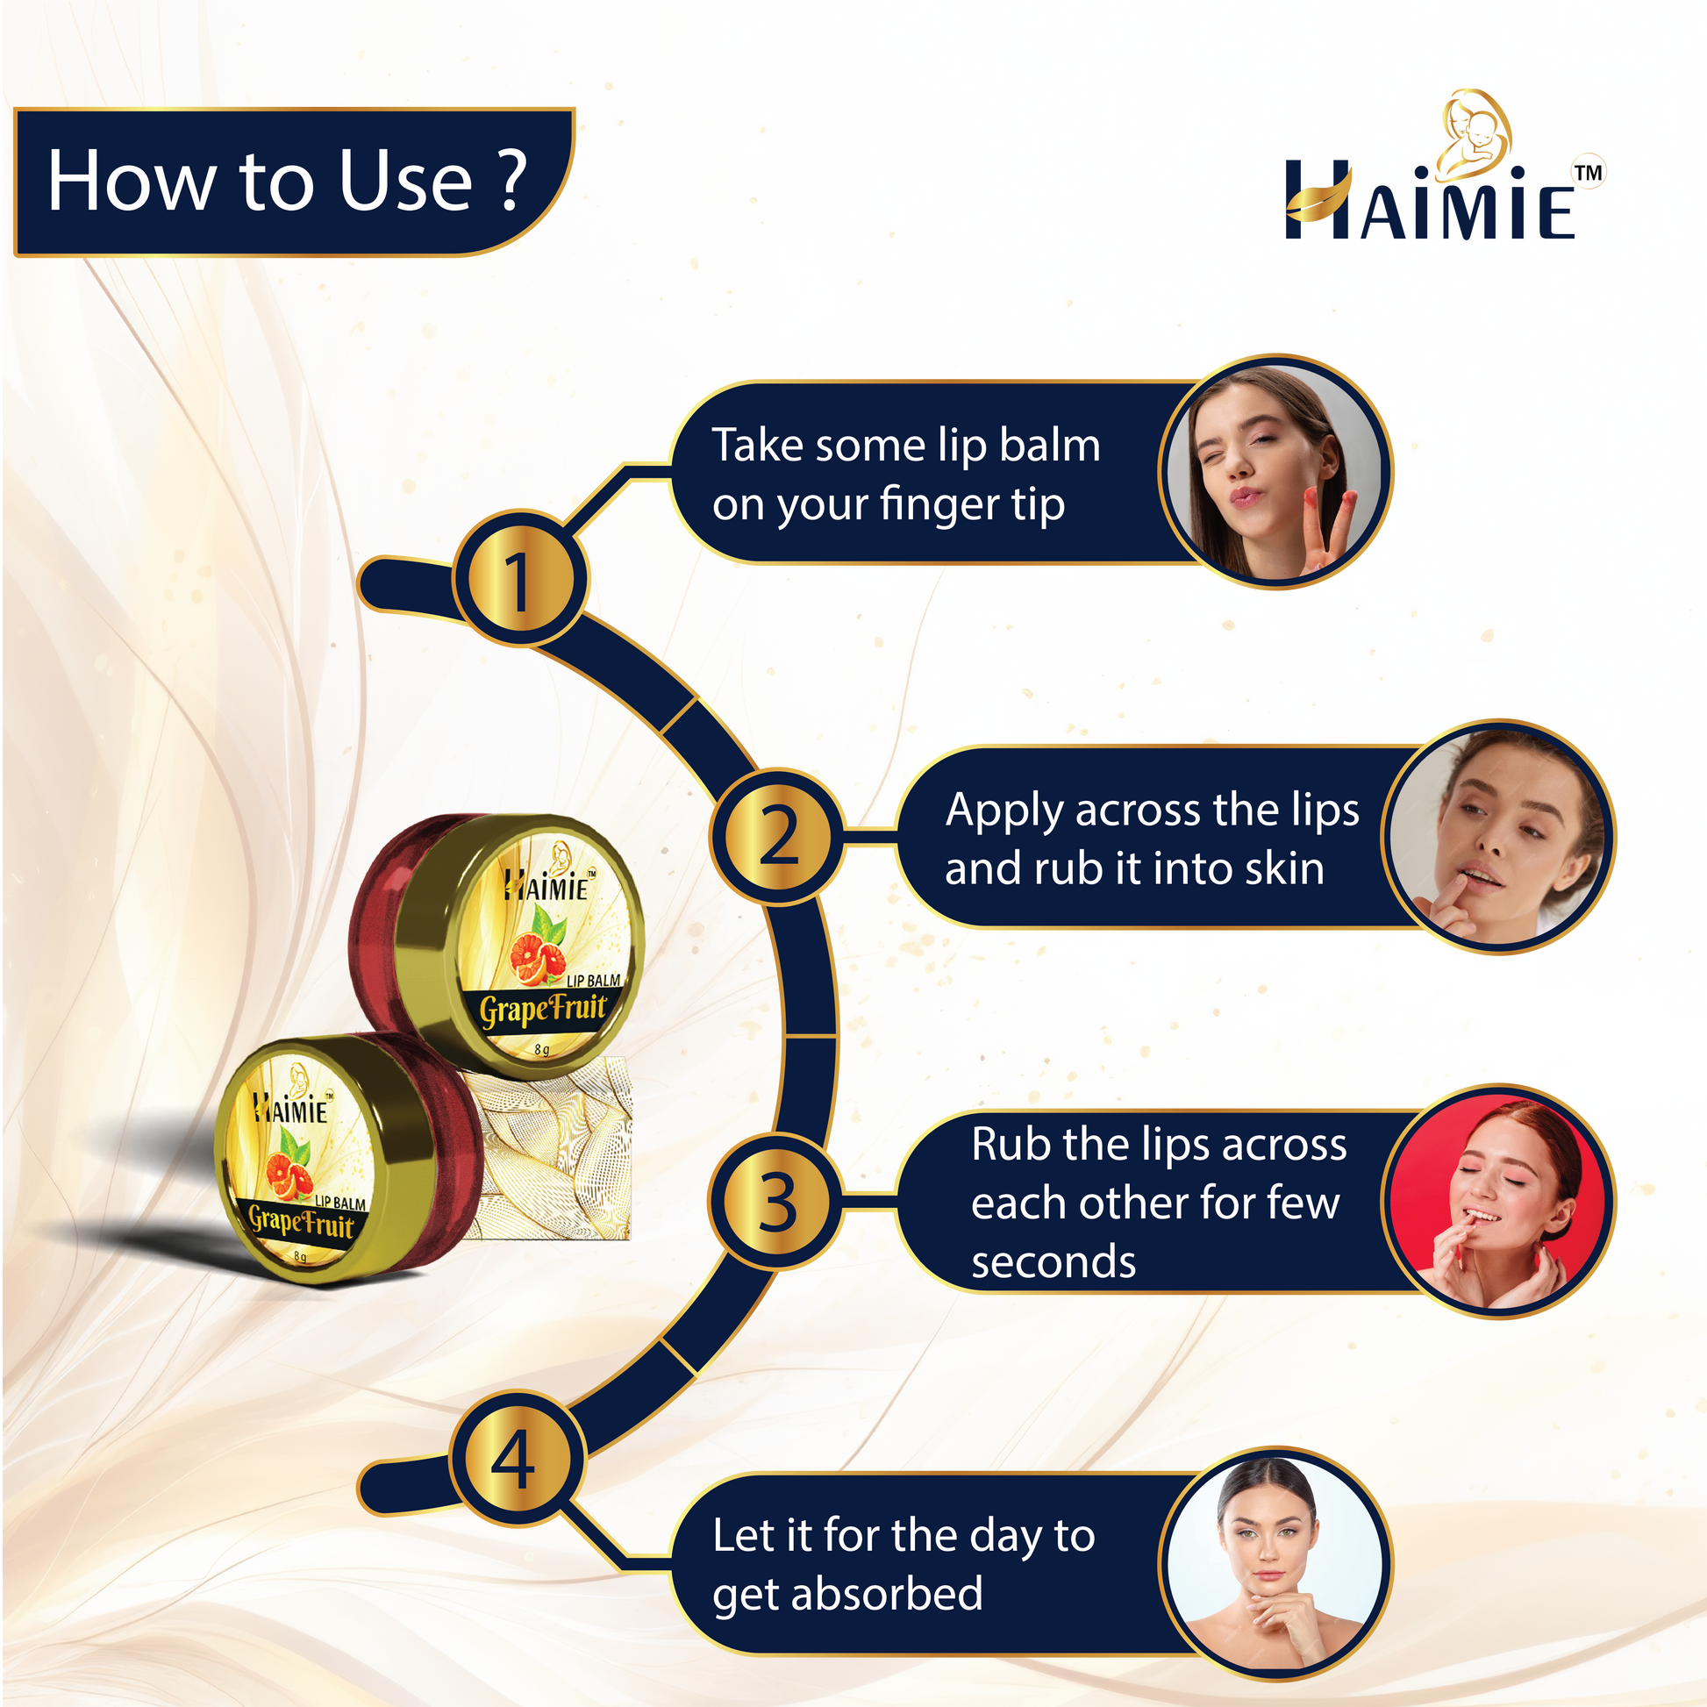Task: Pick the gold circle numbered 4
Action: tap(518, 1459)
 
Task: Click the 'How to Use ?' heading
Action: tap(286, 181)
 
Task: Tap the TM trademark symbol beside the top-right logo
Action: tap(1589, 172)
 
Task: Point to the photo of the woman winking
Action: tap(1275, 473)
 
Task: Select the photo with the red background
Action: tap(1497, 1201)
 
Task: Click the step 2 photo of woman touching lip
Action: tap(1497, 837)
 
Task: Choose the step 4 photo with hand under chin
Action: tap(1275, 1564)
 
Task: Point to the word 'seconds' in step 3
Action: tap(1053, 1261)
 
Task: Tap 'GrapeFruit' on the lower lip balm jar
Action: tap(301, 1223)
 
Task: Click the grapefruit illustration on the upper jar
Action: tap(537, 948)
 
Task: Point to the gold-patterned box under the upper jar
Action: tap(555, 1148)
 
